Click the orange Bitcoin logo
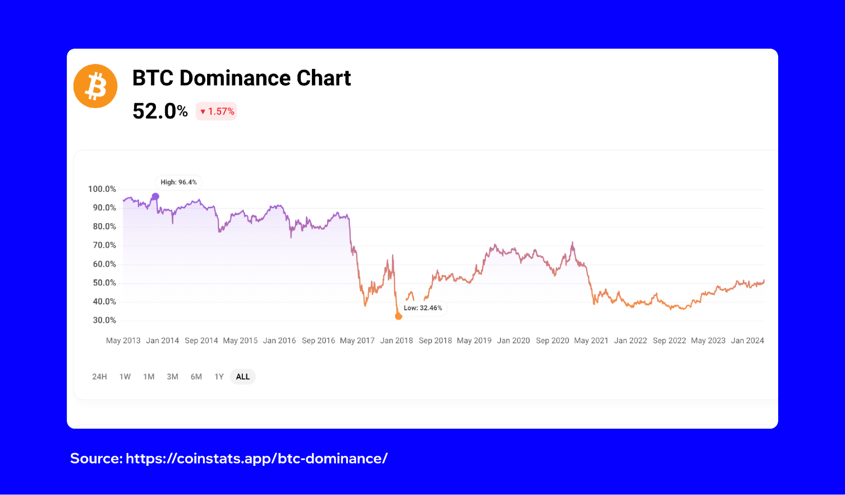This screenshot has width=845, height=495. (95, 86)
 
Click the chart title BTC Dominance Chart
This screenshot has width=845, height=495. (241, 78)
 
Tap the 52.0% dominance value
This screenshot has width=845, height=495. (160, 111)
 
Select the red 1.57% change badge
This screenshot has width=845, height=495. (216, 111)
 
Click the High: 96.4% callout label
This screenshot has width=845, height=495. (178, 182)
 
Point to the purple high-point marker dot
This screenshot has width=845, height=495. (156, 196)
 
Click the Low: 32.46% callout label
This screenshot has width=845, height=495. (423, 308)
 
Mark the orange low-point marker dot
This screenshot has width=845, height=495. (398, 316)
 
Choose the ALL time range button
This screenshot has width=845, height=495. (243, 377)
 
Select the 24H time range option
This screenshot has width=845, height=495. (99, 377)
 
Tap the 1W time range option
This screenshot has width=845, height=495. (125, 377)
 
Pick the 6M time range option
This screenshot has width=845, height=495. (196, 377)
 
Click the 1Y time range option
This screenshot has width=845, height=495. (219, 377)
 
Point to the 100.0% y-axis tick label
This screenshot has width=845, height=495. (102, 189)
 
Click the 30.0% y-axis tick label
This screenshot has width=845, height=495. (104, 320)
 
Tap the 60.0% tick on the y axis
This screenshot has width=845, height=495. (104, 264)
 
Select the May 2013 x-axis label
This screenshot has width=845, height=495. (123, 340)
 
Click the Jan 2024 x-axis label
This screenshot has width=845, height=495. (747, 340)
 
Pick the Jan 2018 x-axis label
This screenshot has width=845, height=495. (397, 340)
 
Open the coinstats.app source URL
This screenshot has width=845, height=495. (257, 458)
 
